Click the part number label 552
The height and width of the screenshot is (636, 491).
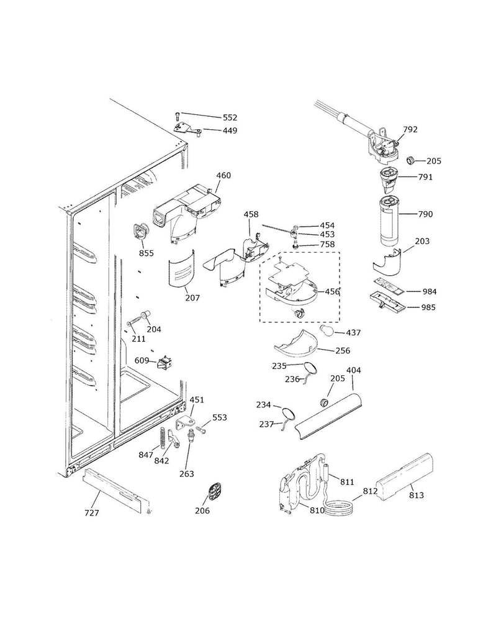230,117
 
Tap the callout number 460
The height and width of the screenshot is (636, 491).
223,176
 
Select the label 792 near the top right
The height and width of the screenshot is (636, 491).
410,130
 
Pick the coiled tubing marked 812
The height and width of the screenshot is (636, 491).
338,507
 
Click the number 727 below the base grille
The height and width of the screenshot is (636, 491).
91,513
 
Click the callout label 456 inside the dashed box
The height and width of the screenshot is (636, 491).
333,291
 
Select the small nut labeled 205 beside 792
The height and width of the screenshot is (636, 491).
410,160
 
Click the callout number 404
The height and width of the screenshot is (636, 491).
354,371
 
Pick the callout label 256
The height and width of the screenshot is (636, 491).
343,351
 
